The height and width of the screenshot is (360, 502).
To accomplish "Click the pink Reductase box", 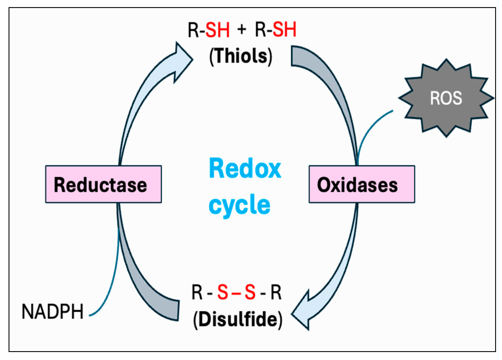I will [x=103, y=184].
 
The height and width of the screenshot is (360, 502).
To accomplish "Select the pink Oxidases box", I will [x=362, y=184].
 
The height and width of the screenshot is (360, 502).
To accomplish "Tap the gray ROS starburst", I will [x=446, y=98].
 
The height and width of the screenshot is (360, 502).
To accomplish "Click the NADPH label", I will [x=53, y=312].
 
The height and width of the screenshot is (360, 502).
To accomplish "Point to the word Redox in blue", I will [x=245, y=169].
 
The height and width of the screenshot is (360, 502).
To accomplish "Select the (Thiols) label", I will [x=241, y=56].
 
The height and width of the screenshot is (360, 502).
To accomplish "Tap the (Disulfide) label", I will [x=238, y=319].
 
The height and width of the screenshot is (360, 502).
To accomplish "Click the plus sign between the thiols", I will [x=242, y=29].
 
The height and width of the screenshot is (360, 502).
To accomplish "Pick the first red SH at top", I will [x=217, y=30].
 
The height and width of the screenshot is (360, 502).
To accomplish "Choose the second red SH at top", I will [x=285, y=29].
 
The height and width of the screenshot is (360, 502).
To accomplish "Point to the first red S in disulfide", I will [x=223, y=292].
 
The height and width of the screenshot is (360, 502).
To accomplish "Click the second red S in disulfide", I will [x=250, y=292].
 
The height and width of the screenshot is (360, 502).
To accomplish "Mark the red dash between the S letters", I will [x=236, y=293].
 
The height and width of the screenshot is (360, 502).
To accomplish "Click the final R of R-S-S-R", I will [x=276, y=292].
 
